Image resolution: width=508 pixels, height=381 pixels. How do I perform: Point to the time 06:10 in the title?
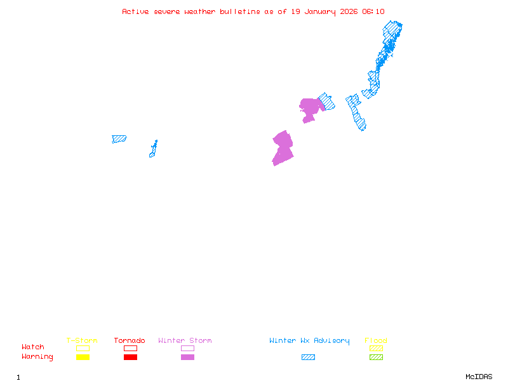pyautogui.click(x=373, y=11)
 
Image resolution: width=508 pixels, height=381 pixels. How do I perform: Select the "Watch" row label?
pyautogui.click(x=33, y=347)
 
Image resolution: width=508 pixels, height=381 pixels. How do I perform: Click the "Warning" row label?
pyautogui.click(x=37, y=357)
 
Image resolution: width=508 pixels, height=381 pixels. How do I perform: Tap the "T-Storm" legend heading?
pyautogui.click(x=82, y=341)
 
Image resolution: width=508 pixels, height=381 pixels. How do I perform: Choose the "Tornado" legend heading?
pyautogui.click(x=130, y=341)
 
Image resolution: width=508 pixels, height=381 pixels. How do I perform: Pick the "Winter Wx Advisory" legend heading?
pyautogui.click(x=309, y=341)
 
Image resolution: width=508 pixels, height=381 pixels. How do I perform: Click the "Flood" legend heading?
pyautogui.click(x=376, y=341)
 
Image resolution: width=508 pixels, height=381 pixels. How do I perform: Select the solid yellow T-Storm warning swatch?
pyautogui.click(x=83, y=357)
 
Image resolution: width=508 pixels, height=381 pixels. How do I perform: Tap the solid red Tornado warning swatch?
pyautogui.click(x=130, y=357)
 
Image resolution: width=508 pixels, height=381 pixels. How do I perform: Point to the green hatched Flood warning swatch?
pyautogui.click(x=376, y=357)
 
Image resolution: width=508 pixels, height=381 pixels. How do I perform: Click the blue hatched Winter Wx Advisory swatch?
pyautogui.click(x=308, y=357)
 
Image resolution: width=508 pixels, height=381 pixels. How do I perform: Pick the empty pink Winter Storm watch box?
pyautogui.click(x=187, y=348)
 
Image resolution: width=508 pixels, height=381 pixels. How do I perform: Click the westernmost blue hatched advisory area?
pyautogui.click(x=119, y=138)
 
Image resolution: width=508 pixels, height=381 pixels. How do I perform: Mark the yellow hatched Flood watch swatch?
pyautogui.click(x=376, y=348)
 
